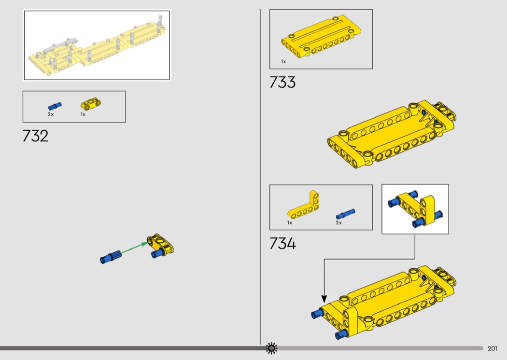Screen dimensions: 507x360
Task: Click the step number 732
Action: click(x=36, y=136)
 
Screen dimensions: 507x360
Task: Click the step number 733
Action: click(x=282, y=82)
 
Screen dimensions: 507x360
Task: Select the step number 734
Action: click(x=282, y=243)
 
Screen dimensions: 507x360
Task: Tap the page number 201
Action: click(x=493, y=348)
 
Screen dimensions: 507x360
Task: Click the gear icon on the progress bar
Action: click(x=271, y=348)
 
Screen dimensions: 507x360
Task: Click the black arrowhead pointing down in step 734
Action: click(x=324, y=299)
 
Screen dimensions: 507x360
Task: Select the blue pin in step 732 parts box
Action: click(x=55, y=106)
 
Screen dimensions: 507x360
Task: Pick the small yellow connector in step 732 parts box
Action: click(x=91, y=104)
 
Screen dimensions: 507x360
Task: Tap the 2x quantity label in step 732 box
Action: click(x=51, y=114)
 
